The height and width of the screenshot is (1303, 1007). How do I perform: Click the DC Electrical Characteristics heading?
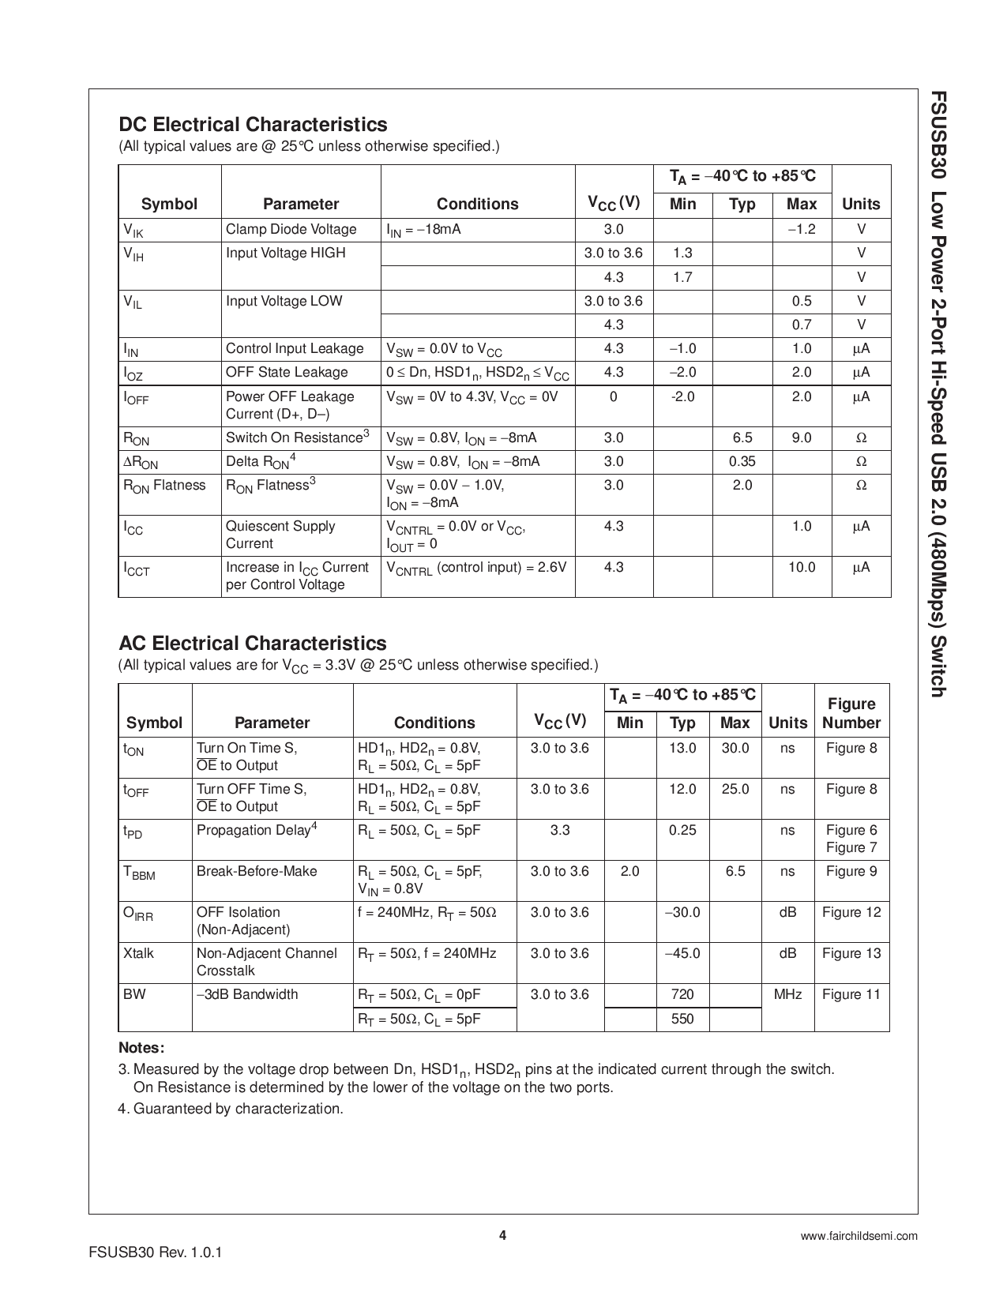(x=253, y=125)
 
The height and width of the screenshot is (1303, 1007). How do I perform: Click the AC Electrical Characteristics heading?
(x=253, y=644)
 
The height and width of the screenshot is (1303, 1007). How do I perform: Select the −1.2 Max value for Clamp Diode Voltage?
(x=801, y=230)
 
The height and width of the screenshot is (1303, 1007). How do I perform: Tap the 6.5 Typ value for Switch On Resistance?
(x=742, y=437)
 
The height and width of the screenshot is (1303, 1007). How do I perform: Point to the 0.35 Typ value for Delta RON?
(x=742, y=461)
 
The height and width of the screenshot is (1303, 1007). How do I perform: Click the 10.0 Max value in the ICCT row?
(x=801, y=567)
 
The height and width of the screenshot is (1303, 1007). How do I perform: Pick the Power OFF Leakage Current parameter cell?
(x=290, y=405)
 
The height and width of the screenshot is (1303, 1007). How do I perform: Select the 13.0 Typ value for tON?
(x=682, y=748)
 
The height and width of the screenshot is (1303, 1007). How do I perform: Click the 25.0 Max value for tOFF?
(x=735, y=789)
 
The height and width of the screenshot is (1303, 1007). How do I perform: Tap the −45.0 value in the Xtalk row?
(x=682, y=953)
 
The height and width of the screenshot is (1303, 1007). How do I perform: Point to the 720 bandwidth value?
(x=682, y=994)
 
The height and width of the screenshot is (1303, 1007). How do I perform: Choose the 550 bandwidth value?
(x=682, y=1019)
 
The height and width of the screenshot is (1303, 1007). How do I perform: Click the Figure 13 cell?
(x=851, y=953)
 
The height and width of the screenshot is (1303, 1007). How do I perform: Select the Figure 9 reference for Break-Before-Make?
(x=851, y=871)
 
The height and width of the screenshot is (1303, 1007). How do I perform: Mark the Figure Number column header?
(x=851, y=713)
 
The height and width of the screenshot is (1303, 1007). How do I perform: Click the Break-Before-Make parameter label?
(x=257, y=871)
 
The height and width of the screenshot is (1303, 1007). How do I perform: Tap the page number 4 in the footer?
(x=502, y=1236)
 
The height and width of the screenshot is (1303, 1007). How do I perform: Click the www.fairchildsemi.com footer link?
(x=859, y=1237)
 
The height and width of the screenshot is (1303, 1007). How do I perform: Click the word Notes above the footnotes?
(x=141, y=1048)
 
